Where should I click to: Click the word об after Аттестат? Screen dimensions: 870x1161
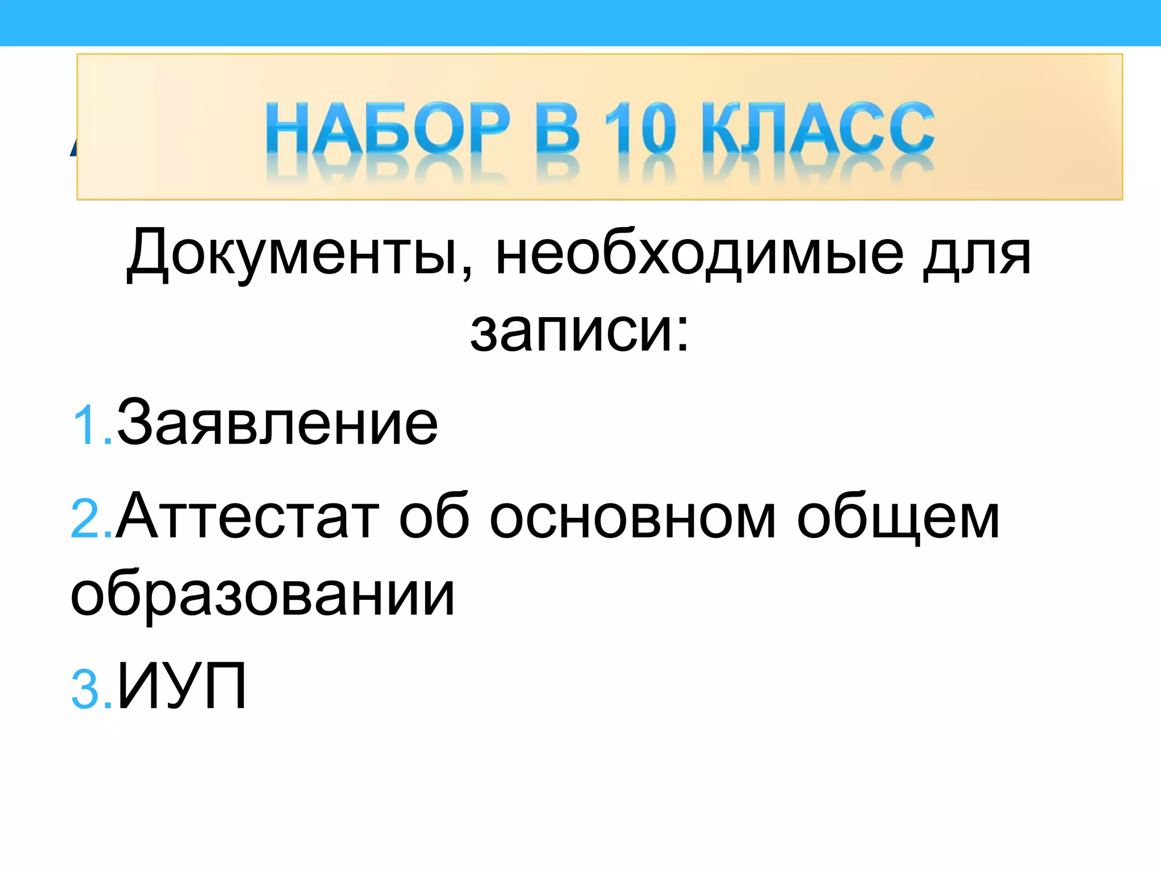(434, 517)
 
